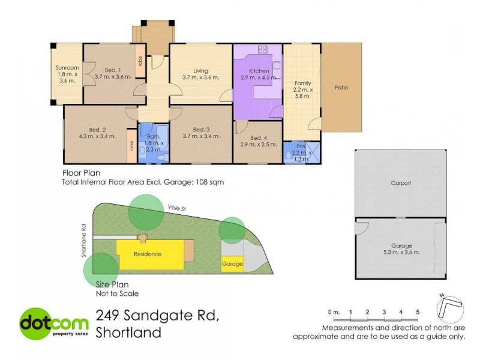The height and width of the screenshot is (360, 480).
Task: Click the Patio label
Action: pyautogui.click(x=341, y=88)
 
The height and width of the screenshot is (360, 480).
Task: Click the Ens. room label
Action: pyautogui.click(x=301, y=146)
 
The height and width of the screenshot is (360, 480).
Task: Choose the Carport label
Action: pyautogui.click(x=400, y=183)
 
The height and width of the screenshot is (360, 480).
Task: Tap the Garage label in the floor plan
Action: pyautogui.click(x=401, y=246)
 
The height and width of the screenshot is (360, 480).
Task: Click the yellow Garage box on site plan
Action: pyautogui.click(x=232, y=264)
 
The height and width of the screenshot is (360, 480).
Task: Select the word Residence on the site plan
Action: pyautogui.click(x=147, y=254)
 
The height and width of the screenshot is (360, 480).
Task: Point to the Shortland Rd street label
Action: pyautogui.click(x=83, y=241)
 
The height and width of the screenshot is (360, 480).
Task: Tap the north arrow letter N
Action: pyautogui.click(x=442, y=295)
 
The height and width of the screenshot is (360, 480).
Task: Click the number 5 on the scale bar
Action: pyautogui.click(x=418, y=312)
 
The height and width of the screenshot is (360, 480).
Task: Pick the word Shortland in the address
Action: pyautogui.click(x=129, y=332)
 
